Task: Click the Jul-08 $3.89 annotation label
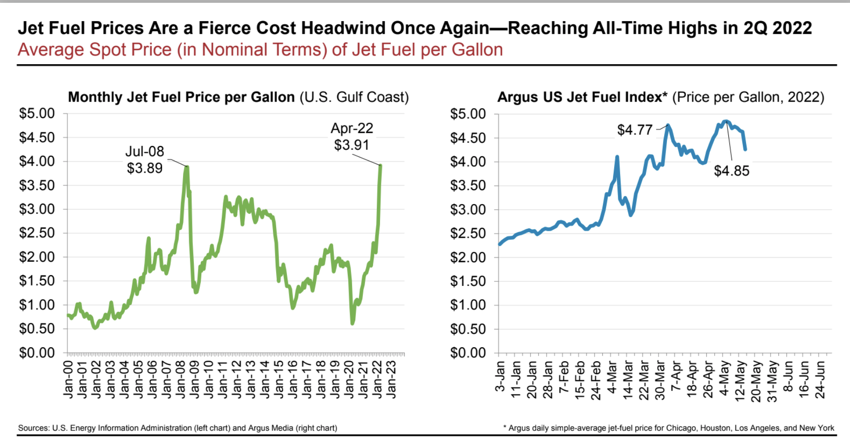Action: pyautogui.click(x=145, y=160)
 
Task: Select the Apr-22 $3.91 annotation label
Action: pyautogui.click(x=352, y=136)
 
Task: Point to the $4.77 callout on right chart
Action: pyautogui.click(x=635, y=130)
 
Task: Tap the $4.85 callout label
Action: pyautogui.click(x=731, y=171)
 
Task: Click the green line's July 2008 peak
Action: pyautogui.click(x=187, y=167)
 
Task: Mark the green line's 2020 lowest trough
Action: pyautogui.click(x=352, y=322)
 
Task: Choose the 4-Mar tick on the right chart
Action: pyautogui.click(x=612, y=378)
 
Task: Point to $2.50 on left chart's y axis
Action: pyautogui.click(x=37, y=233)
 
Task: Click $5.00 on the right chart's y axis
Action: pyautogui.click(x=468, y=114)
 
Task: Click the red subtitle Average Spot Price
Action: pyautogui.click(x=260, y=50)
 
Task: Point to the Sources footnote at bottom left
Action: pyautogui.click(x=177, y=428)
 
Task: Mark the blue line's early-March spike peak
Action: pyautogui.click(x=617, y=157)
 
